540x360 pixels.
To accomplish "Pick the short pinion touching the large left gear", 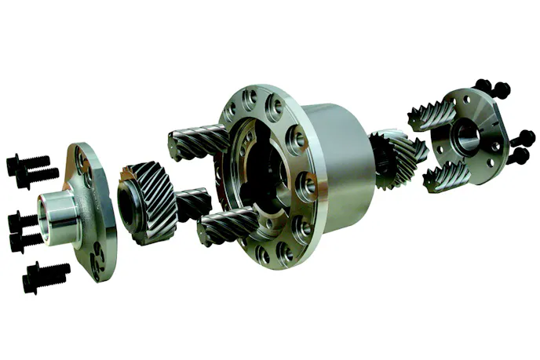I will tap(192, 205).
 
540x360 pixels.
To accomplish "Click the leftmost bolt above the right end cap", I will tap(483, 85).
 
